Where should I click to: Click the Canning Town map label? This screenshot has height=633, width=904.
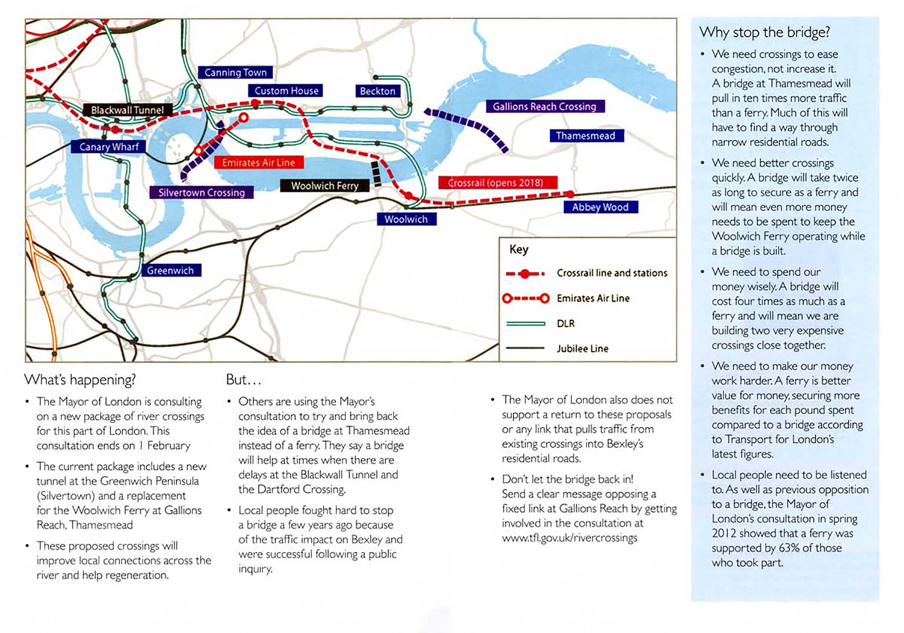tap(235, 72)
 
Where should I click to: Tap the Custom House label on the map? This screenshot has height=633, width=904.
tap(286, 91)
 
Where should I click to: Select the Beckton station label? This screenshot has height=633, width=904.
tap(377, 91)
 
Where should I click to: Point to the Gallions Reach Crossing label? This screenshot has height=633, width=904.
tap(545, 107)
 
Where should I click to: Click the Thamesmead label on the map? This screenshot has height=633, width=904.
tap(586, 136)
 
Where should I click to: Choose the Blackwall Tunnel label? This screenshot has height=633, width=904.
tap(127, 110)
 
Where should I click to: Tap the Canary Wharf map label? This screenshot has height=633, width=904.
tap(109, 147)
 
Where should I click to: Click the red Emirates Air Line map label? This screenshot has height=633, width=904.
tap(259, 162)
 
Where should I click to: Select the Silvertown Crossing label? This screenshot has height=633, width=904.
tap(202, 193)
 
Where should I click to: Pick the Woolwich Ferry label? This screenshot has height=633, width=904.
tap(325, 186)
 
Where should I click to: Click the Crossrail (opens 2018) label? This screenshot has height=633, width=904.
tap(496, 183)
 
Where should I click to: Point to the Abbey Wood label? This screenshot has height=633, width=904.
tap(600, 207)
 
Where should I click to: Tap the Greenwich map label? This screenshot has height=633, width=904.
tap(170, 270)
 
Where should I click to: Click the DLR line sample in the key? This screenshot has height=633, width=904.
tap(526, 324)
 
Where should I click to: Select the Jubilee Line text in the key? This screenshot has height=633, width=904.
tap(583, 349)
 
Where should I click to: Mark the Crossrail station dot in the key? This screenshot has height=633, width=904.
tap(525, 274)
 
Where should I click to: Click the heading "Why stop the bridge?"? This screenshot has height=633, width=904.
tap(765, 32)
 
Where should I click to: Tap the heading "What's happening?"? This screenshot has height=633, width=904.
tap(80, 380)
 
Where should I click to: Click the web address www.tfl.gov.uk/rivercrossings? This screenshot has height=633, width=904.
tap(570, 538)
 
